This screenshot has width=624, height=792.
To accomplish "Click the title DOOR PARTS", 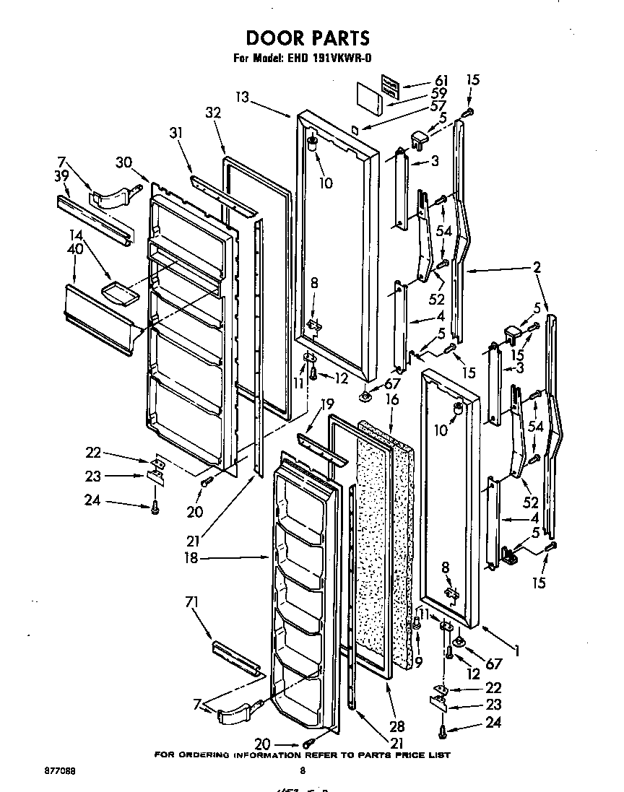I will point(308,38).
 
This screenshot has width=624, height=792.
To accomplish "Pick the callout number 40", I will point(74,249).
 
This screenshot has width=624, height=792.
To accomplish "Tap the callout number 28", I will point(396,726).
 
